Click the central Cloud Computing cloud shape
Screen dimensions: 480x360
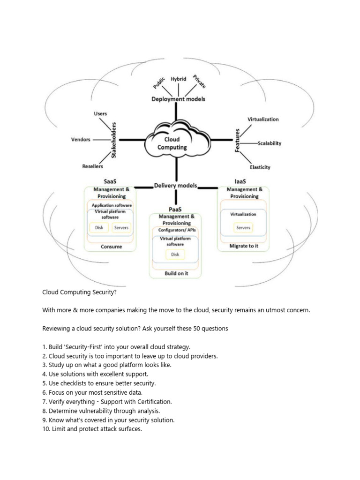pyautogui.click(x=175, y=142)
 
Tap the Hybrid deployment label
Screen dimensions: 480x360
pyautogui.click(x=179, y=79)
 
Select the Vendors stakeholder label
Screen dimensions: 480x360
pyautogui.click(x=81, y=139)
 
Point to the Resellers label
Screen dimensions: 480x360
pyautogui.click(x=92, y=166)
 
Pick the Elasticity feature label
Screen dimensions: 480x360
pyautogui.click(x=260, y=167)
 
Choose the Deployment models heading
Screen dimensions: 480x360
pyautogui.click(x=178, y=99)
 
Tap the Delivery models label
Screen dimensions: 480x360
pyautogui.click(x=176, y=185)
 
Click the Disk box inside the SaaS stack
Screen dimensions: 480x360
pyautogui.click(x=99, y=228)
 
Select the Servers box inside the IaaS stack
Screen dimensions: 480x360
pyautogui.click(x=243, y=228)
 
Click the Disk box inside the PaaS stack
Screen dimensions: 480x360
pyautogui.click(x=175, y=255)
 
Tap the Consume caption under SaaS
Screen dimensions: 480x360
pyautogui.click(x=111, y=247)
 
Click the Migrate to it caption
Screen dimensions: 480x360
pyautogui.click(x=243, y=246)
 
